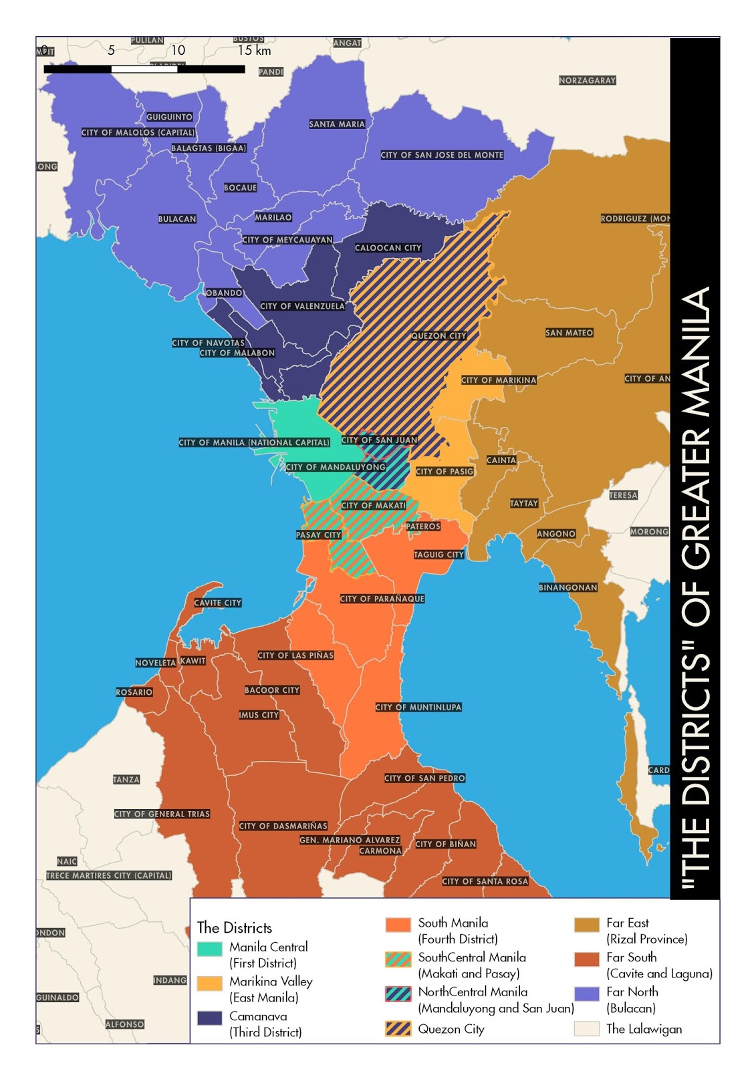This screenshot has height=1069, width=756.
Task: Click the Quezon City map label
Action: (438, 336)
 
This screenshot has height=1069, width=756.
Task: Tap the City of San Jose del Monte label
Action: (442, 155)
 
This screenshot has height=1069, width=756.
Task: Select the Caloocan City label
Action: (388, 248)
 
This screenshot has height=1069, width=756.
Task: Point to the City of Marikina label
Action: (499, 380)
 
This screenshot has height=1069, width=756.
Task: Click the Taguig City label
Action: (438, 555)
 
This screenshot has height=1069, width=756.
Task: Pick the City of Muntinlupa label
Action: (418, 707)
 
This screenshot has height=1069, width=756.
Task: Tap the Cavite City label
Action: (217, 603)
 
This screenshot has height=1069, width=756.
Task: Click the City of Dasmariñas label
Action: (283, 826)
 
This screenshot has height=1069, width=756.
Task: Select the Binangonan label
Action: (568, 587)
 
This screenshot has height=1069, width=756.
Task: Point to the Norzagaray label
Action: (587, 80)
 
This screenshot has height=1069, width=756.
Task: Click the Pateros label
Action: (423, 526)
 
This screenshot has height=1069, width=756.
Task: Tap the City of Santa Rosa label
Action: (485, 881)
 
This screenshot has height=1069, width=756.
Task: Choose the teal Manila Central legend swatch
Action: (209, 949)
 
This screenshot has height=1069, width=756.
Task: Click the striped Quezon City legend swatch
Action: (398, 1028)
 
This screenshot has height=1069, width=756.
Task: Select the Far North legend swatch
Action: (586, 994)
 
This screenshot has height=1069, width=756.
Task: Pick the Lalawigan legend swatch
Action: (586, 1028)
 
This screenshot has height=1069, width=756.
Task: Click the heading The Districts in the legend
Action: (235, 927)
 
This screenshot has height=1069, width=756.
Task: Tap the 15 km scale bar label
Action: (254, 50)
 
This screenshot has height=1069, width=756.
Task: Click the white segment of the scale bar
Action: (144, 69)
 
